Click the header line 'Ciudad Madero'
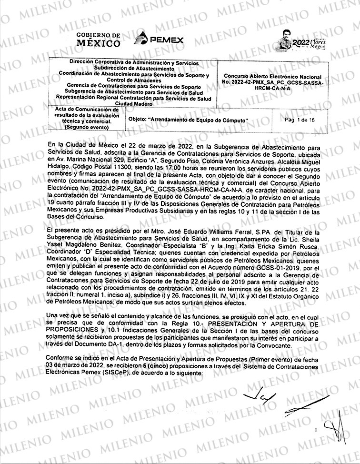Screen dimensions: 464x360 pos(133,104)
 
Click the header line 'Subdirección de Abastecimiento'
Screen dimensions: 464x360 pos(133,67)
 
